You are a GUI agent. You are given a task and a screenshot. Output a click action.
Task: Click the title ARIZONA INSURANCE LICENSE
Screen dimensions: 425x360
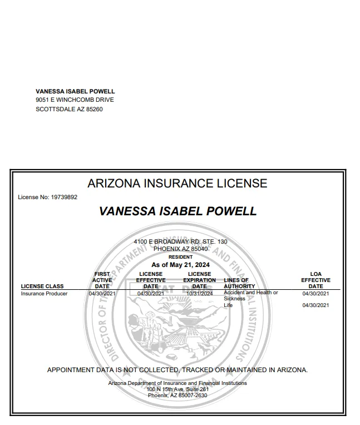click(177, 183)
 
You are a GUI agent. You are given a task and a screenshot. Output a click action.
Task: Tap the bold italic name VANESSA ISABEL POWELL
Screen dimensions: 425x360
click(177, 211)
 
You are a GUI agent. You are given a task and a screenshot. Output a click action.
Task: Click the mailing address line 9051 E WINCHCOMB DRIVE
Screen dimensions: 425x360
click(75, 100)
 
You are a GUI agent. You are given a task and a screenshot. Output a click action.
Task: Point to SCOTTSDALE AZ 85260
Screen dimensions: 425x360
click(69, 109)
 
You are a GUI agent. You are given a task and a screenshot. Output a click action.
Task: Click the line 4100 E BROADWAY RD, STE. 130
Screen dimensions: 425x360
click(180, 241)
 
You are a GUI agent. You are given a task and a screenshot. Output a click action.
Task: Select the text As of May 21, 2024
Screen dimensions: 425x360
click(180, 265)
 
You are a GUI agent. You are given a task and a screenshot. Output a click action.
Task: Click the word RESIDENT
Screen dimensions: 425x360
click(180, 257)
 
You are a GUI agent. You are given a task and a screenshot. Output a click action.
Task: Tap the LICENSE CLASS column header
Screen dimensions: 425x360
click(42, 286)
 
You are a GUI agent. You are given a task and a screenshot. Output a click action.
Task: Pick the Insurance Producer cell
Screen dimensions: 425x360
click(44, 293)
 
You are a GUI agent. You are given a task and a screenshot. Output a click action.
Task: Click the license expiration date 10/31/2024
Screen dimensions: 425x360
click(199, 293)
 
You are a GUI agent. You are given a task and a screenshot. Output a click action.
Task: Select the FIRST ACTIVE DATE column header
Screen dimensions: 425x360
click(102, 280)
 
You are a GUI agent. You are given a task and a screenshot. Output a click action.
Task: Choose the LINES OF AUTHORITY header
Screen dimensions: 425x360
click(239, 283)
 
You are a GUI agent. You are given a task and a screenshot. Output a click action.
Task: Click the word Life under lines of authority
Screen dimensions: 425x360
click(228, 305)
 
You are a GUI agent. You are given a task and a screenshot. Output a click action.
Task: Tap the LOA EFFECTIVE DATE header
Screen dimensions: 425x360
click(315, 280)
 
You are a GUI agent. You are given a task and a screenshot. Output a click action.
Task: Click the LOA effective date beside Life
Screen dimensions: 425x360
click(315, 305)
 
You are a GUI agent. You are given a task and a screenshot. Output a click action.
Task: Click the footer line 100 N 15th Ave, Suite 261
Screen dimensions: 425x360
click(177, 389)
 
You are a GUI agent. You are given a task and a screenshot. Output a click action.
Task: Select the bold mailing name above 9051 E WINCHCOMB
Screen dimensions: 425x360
click(75, 91)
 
